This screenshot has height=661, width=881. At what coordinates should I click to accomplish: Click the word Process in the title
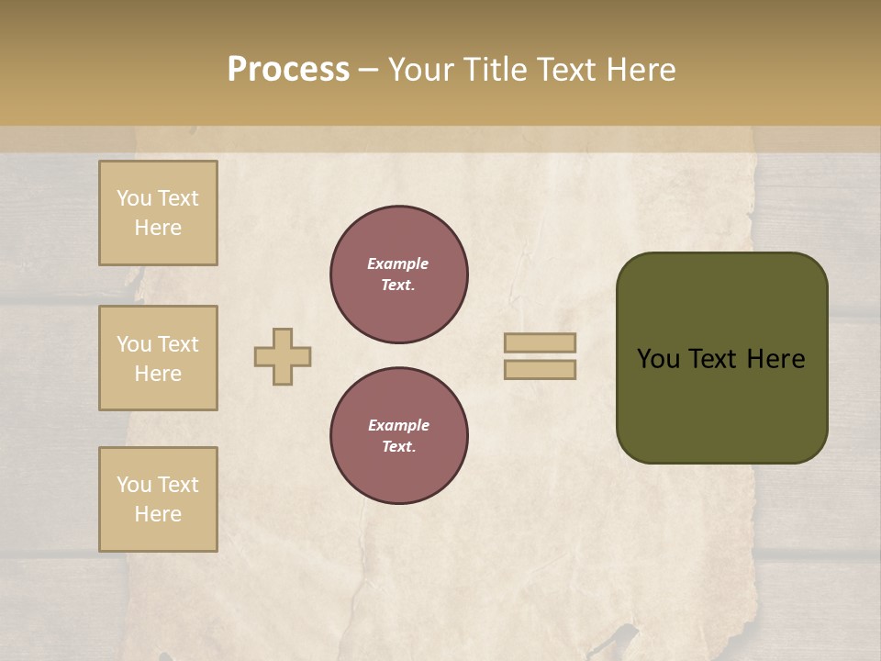point(288,69)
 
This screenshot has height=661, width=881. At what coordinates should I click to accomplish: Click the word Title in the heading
point(493,69)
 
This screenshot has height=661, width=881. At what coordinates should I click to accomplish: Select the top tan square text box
point(158,213)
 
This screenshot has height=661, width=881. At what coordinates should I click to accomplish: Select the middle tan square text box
point(158,358)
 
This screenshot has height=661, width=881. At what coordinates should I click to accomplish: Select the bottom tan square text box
point(158,499)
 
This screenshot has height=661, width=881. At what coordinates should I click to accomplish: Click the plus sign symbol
point(283,356)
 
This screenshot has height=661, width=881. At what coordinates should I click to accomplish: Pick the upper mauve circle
point(399,274)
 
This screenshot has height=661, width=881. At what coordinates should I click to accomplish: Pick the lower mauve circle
point(399,436)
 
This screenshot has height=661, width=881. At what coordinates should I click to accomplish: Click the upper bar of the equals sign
point(540,342)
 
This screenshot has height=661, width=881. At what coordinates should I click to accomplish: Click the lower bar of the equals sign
point(540,369)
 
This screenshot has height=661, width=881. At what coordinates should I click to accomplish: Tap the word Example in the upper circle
point(398,263)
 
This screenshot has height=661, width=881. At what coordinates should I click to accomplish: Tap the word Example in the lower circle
point(398,425)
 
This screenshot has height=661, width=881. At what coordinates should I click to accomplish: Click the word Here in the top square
point(158,228)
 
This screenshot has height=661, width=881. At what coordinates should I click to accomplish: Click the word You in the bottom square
point(134,485)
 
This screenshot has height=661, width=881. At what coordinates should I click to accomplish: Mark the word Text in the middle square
point(178,344)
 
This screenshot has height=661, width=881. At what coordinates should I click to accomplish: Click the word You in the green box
point(658,359)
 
